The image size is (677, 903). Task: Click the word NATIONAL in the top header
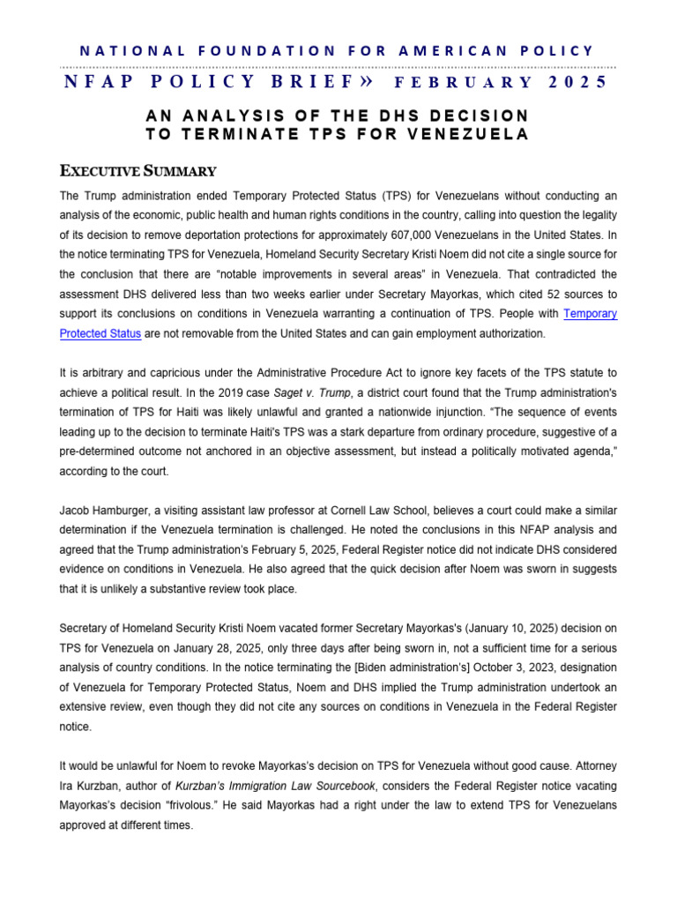coord(123,51)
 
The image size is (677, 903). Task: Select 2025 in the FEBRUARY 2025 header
coord(578,83)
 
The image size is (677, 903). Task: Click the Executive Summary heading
coord(138,170)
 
